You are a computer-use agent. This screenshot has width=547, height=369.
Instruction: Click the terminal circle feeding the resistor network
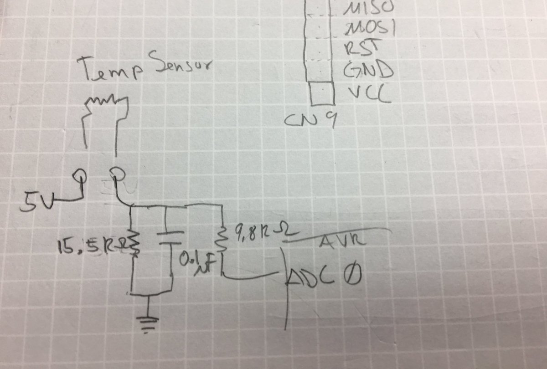pos(116,174)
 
